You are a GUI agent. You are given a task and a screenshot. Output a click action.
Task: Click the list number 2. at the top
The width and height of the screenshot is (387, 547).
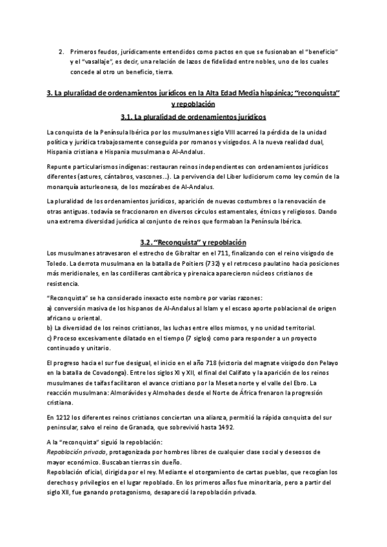(61, 51)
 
